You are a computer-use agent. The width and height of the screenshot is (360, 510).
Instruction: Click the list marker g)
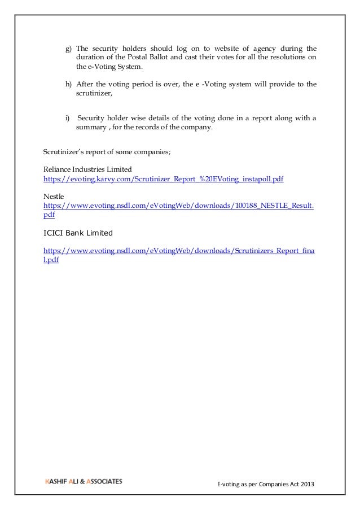click(x=68, y=48)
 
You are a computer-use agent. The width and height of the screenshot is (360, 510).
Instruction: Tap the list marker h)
click(x=68, y=84)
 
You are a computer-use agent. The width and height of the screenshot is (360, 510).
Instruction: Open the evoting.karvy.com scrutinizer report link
click(x=163, y=178)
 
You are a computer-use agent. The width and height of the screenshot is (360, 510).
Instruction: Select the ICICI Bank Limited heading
click(x=78, y=233)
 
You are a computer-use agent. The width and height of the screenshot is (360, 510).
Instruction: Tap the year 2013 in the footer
click(x=305, y=485)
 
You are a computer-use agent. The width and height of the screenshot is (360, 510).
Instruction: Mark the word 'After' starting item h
click(x=85, y=84)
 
